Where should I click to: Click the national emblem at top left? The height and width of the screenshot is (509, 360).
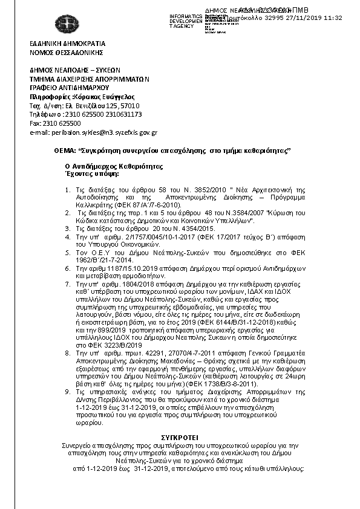[66, 24]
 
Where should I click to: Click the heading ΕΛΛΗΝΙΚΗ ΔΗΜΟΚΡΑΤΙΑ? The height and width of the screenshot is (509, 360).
[67, 44]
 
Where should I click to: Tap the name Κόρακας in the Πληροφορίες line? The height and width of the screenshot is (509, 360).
[88, 97]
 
